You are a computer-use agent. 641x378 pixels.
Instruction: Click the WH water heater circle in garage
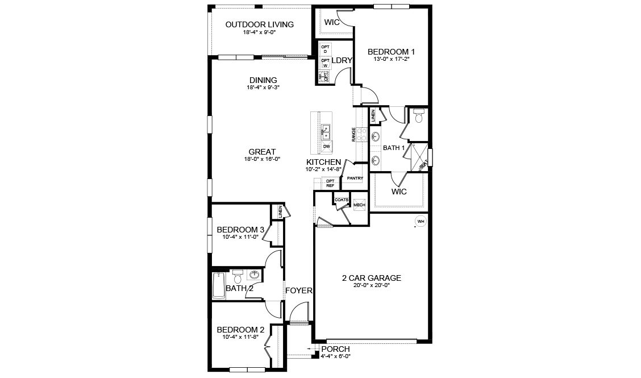tap(421, 221)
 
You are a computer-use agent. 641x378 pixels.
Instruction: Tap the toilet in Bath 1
tap(419, 117)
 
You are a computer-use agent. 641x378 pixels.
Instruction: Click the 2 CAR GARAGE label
tap(371, 278)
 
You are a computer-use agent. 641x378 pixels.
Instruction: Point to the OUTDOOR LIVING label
tap(259, 24)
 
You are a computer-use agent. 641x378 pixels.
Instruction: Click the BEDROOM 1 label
tap(392, 51)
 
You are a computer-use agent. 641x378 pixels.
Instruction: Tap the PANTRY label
tap(355, 178)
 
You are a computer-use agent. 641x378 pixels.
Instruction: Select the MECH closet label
tap(359, 205)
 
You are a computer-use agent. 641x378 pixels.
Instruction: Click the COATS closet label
tap(341, 200)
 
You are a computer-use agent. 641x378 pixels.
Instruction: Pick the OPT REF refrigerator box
tap(330, 183)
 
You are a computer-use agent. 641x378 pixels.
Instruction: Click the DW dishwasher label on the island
tap(326, 147)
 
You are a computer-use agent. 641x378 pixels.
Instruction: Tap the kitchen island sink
tap(326, 132)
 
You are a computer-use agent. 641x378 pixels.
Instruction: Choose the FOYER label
tap(299, 290)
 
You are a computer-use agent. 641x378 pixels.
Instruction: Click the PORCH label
tap(335, 348)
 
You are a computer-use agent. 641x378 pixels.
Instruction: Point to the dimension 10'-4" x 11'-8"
tap(240, 337)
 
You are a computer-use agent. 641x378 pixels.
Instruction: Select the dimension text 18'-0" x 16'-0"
tap(262, 159)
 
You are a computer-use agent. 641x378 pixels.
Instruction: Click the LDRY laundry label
tap(342, 60)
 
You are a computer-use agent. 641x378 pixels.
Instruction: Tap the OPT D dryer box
tap(326, 49)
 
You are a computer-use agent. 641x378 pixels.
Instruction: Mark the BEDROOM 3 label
tap(240, 230)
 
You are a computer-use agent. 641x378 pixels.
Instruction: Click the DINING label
tap(263, 80)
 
